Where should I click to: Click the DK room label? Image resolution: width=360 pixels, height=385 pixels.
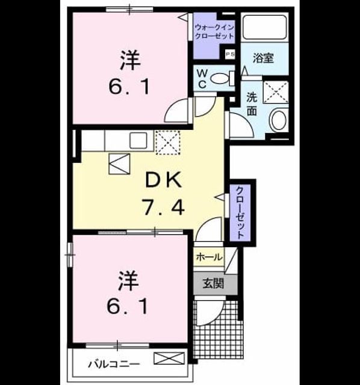164,180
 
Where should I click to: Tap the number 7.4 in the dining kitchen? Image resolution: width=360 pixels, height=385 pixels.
164,207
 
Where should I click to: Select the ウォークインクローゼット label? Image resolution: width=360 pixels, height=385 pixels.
214,32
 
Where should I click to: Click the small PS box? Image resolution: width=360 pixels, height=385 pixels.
230,54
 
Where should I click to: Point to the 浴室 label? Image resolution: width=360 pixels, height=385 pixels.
263,58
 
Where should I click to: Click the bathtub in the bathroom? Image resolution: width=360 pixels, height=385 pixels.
264,27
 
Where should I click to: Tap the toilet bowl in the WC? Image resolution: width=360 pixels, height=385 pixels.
220,79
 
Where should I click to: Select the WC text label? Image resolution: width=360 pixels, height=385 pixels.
202,79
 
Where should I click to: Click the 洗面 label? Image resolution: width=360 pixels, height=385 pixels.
252,104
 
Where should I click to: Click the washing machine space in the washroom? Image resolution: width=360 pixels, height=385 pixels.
276,92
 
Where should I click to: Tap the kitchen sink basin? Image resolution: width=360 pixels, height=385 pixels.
138,140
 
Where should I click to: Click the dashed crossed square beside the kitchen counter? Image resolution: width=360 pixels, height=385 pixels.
168,143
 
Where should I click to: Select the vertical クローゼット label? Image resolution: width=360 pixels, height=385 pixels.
240,212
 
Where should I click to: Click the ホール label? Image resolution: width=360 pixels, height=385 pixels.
209,257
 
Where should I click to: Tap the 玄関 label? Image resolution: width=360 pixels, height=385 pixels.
213,283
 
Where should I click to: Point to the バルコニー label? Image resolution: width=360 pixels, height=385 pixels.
114,363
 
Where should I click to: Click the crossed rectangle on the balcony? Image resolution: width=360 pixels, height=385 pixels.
169,359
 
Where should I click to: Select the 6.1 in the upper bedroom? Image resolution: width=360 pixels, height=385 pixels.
129,87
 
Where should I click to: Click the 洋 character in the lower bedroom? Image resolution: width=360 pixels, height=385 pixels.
128,280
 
